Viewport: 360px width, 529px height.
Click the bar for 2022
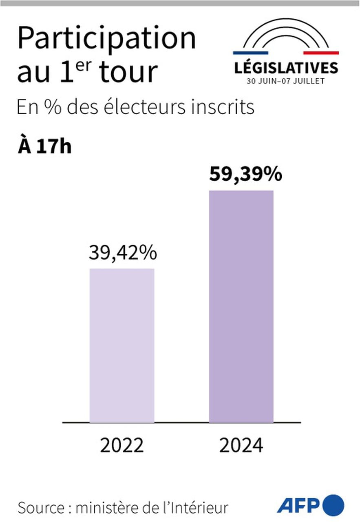click(x=121, y=345)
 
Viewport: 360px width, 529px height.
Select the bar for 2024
click(x=241, y=306)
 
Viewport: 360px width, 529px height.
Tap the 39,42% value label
click(x=123, y=253)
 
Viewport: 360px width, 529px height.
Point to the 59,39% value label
click(x=245, y=175)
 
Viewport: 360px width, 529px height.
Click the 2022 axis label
click(x=122, y=445)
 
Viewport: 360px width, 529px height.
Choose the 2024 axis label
click(x=241, y=445)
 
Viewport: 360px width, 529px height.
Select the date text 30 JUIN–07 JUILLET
click(x=285, y=81)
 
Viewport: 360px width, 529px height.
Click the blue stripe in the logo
click(x=250, y=53)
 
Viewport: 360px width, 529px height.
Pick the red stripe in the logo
click(x=321, y=53)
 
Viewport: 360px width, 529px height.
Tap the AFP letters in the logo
click(x=298, y=506)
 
